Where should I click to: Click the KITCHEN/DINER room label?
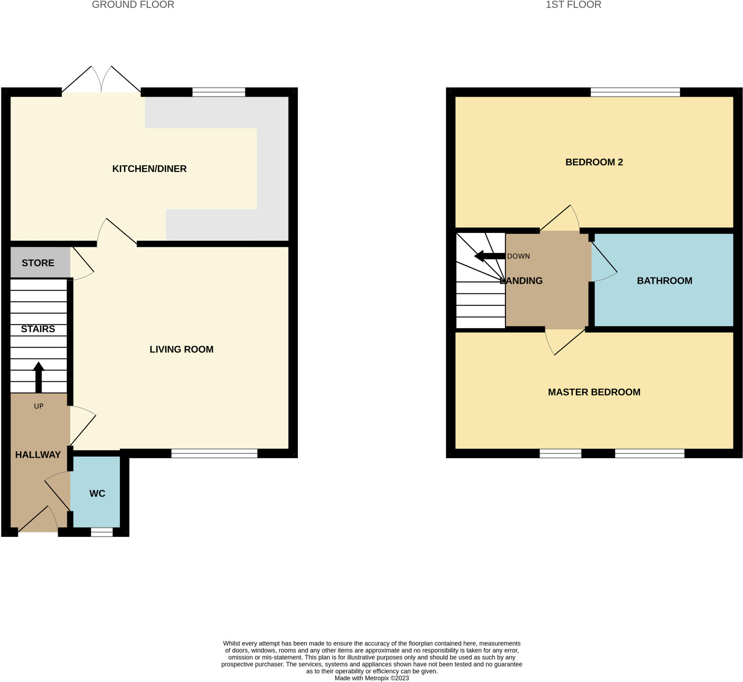[149, 169]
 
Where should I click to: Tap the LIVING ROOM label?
[181, 349]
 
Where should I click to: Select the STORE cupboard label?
[38, 263]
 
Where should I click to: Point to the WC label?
[97, 493]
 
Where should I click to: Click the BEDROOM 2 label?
[594, 162]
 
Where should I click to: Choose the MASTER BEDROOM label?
[594, 392]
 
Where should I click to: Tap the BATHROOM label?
[664, 280]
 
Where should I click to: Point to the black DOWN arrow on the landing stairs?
[489, 256]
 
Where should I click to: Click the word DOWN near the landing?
[518, 256]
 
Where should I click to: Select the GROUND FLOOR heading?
[133, 5]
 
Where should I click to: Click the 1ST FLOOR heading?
[573, 5]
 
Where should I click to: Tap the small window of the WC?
[102, 532]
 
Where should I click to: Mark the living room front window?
[214, 453]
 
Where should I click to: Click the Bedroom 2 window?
[635, 92]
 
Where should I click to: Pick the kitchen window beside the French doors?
[218, 92]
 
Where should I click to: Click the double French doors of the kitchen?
[101, 81]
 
